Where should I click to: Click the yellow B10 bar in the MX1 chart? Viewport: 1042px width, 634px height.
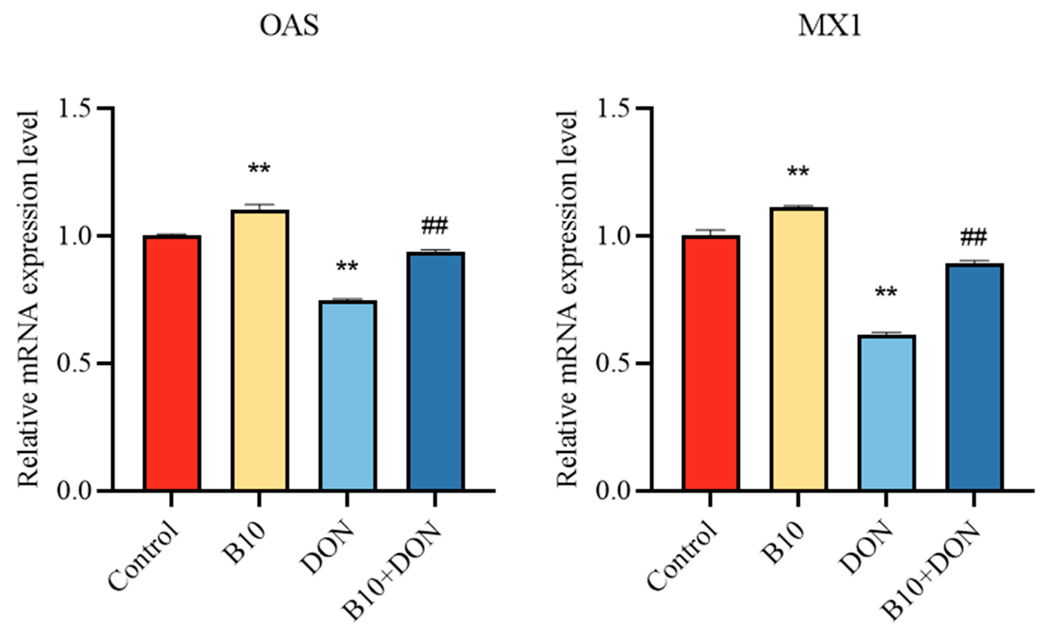pos(798,349)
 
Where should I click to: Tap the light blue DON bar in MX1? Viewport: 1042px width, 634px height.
pos(886,413)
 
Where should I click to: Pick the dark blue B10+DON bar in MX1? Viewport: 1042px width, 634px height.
pos(974,377)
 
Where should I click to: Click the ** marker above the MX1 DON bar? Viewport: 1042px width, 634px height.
pos(886,292)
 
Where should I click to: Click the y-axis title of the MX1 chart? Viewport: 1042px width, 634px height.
pos(567,298)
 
